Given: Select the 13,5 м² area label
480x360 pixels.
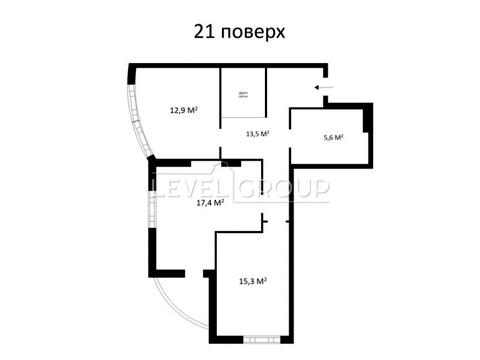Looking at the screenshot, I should [258, 133].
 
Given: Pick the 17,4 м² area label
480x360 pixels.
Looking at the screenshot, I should [209, 202].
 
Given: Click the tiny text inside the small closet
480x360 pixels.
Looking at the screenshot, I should [243, 96].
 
